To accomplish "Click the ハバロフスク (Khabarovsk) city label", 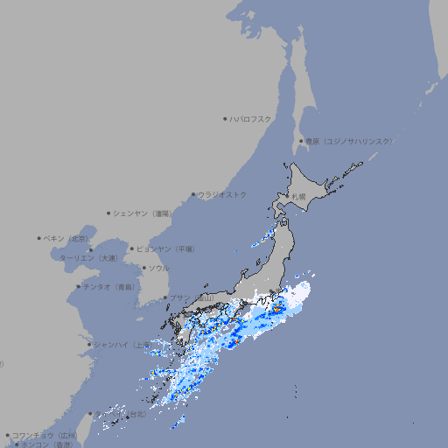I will point(251,118).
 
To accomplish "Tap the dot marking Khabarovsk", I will point(226,118).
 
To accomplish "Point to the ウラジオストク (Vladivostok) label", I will point(222,194).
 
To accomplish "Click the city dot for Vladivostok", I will point(193,195).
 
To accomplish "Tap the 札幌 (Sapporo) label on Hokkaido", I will point(300,197).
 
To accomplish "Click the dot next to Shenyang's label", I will point(108,213).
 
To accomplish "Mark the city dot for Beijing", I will point(39,238).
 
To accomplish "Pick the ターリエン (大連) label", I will point(87,258).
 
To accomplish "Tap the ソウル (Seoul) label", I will point(158,268).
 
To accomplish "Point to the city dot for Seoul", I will point(143,268).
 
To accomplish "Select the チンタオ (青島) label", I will point(108,286).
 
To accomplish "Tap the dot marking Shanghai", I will point(89,345).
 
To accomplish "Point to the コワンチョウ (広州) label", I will point(45,435).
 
